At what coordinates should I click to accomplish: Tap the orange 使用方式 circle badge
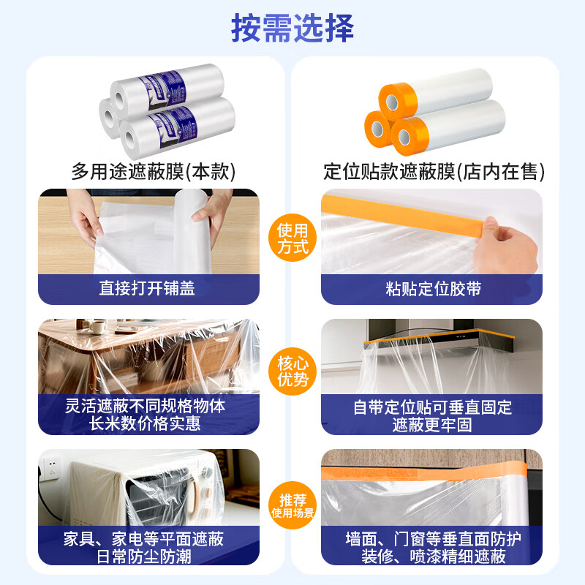[292, 238]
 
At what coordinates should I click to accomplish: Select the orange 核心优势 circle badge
[292, 371]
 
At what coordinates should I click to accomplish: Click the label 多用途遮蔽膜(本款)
[154, 172]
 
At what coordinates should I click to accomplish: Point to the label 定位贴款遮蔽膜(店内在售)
[434, 172]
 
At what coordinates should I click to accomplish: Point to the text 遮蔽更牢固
[432, 425]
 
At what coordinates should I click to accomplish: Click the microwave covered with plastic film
[146, 490]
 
